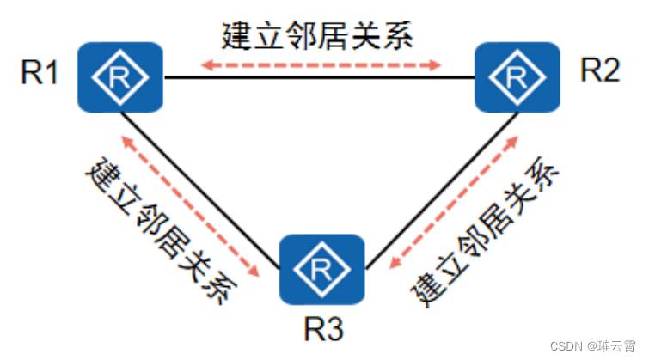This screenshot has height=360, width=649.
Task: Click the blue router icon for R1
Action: coord(120,77)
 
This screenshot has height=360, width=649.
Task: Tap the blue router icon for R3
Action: coord(322,269)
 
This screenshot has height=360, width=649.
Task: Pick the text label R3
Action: coord(322,328)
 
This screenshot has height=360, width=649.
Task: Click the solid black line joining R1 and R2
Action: coord(318,78)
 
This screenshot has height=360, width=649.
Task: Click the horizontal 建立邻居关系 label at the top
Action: coord(318,35)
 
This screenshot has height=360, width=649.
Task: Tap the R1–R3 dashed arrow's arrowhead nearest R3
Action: coord(255,272)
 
